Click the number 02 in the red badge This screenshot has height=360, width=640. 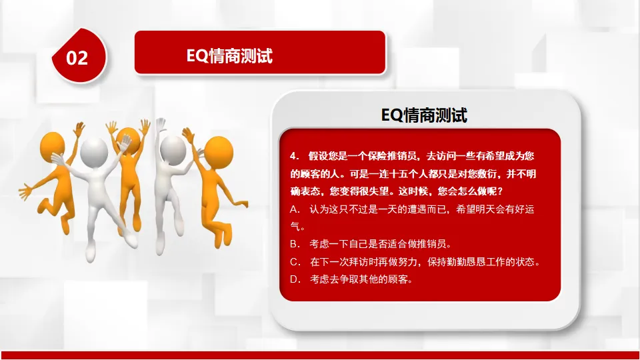tap(77, 58)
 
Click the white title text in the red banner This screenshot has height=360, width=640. tap(229, 56)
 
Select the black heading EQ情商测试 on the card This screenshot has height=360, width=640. tap(424, 115)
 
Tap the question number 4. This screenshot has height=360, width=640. tap(294, 156)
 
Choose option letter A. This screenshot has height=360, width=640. tap(294, 209)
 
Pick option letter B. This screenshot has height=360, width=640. tap(294, 244)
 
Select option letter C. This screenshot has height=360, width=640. tap(294, 261)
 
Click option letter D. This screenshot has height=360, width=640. tap(294, 279)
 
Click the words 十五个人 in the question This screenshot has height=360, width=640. tap(409, 174)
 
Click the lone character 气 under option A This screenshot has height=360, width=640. tap(295, 226)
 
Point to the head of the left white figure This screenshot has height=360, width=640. tap(94, 152)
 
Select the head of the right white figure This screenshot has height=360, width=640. tap(173, 149)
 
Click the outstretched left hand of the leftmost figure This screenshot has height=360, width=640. tap(25, 191)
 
